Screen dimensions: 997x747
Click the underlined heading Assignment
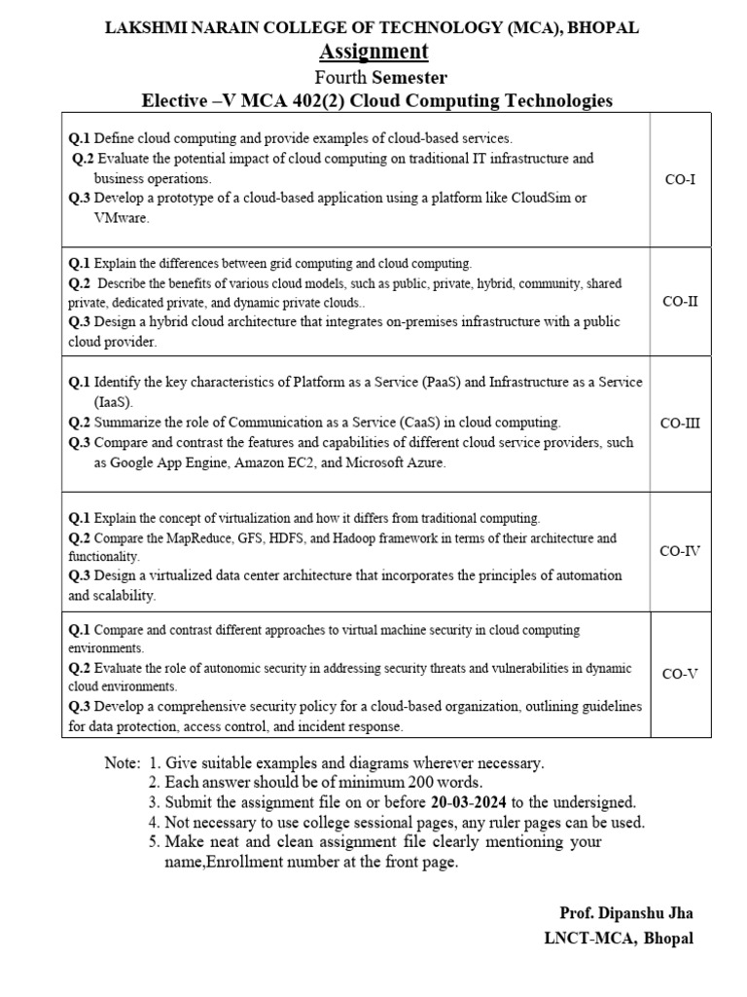[373, 52]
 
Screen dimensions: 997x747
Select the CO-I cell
[680, 179]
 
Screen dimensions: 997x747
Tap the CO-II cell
[680, 301]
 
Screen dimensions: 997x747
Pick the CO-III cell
[680, 423]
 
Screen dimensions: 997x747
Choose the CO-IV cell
[680, 551]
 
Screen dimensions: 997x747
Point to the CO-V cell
[680, 674]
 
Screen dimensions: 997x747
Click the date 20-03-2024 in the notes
[471, 802]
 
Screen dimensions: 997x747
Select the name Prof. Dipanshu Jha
[626, 913]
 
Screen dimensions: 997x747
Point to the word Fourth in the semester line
[340, 77]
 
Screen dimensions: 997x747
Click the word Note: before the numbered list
[123, 763]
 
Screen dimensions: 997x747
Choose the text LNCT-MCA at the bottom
[586, 939]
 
